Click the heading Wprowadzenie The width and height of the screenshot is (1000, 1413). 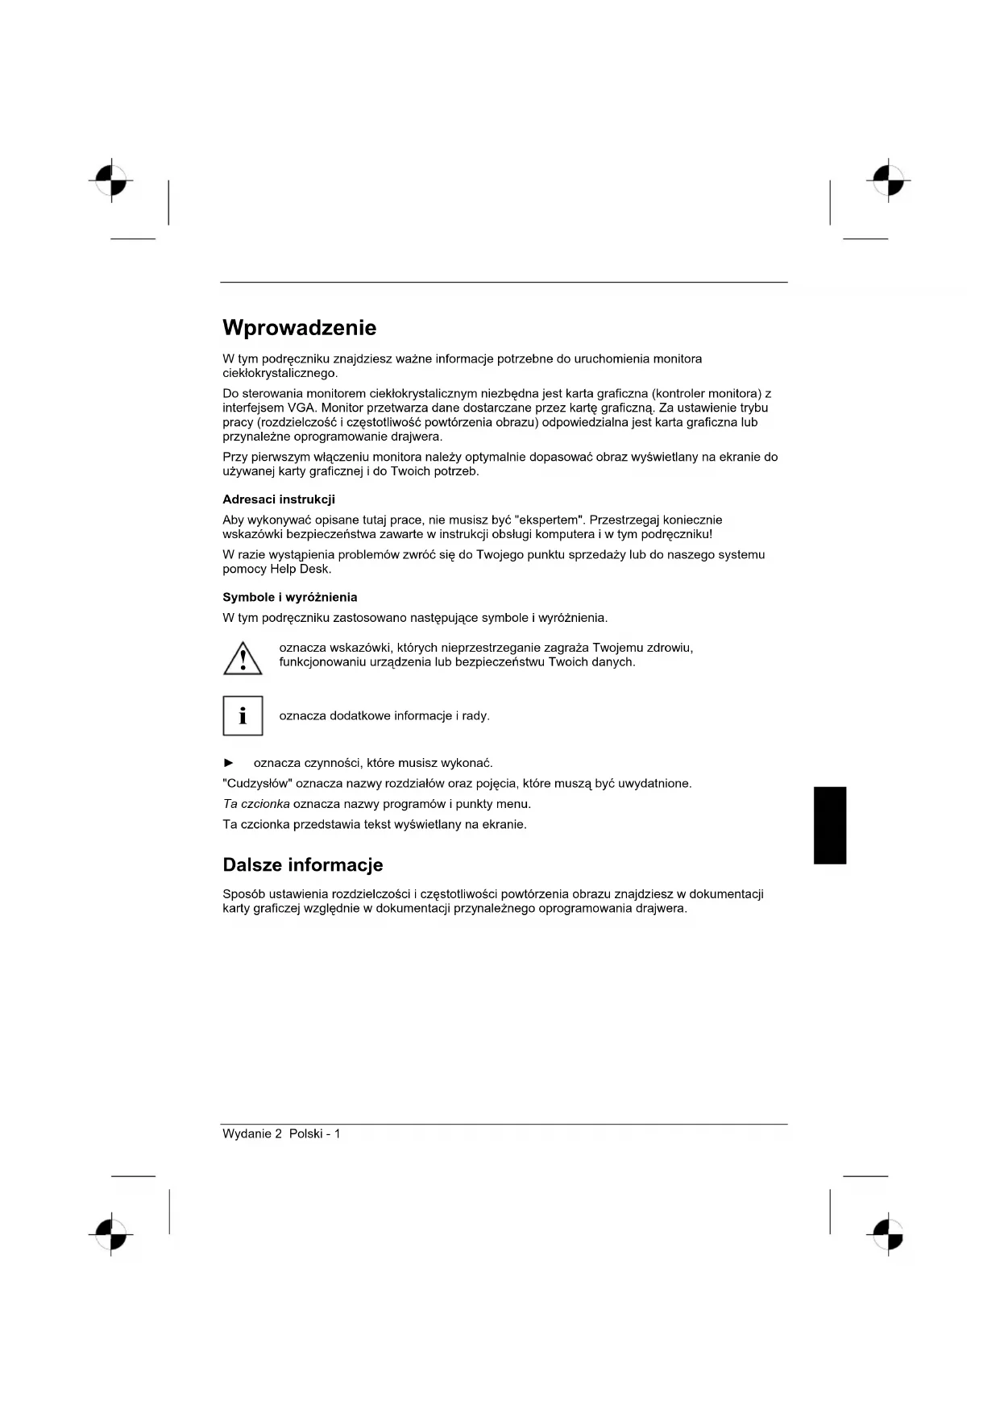(299, 328)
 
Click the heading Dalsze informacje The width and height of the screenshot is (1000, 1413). (302, 865)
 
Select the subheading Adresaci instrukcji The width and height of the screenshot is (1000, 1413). (278, 499)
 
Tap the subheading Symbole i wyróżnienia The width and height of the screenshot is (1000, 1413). (289, 597)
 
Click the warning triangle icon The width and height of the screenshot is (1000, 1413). (243, 657)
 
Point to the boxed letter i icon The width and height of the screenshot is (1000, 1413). (243, 715)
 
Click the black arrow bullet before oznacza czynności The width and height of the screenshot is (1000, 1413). (229, 763)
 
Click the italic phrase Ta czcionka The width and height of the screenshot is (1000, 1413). (255, 804)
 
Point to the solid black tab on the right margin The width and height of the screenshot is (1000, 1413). (830, 825)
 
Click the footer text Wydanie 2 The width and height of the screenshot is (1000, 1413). (252, 1133)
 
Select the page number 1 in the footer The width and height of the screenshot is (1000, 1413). (338, 1133)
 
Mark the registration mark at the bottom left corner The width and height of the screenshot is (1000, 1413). (111, 1233)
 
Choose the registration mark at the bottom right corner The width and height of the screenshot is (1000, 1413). (888, 1233)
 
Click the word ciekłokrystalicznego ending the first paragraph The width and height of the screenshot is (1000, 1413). (280, 373)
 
